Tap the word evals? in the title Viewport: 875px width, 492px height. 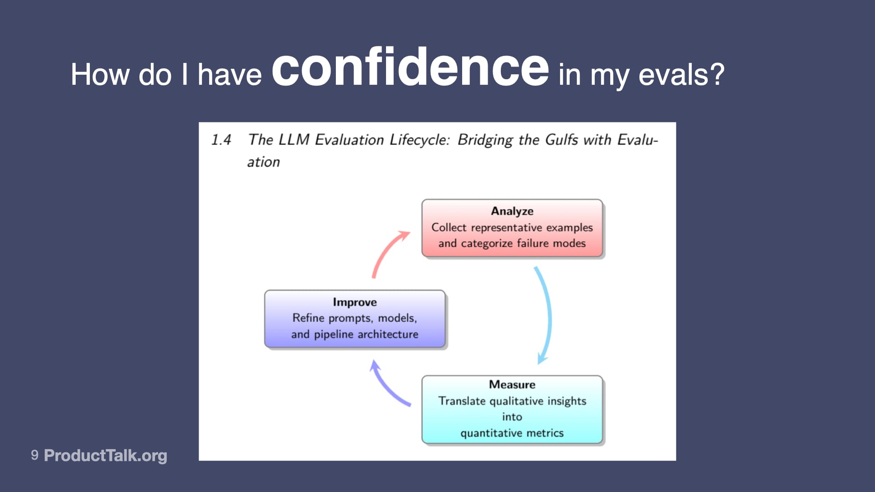point(681,75)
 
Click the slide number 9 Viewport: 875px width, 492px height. point(35,455)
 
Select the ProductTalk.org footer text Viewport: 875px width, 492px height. point(105,455)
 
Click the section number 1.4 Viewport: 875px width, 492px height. point(221,140)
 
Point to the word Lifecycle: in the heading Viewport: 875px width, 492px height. point(419,140)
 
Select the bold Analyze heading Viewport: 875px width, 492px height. point(512,211)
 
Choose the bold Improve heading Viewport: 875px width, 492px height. point(355,302)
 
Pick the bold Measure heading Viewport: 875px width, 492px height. point(512,384)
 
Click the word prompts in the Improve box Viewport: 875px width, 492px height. point(351,318)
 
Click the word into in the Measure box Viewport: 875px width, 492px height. point(512,417)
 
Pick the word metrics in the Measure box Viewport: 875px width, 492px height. point(545,433)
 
